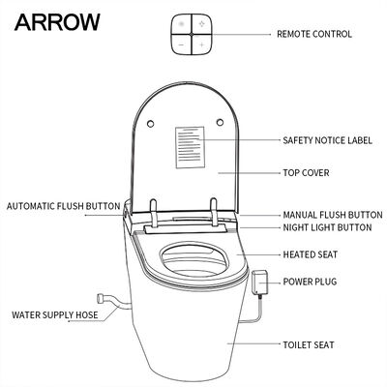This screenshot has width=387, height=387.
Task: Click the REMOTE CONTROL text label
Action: [x=313, y=34]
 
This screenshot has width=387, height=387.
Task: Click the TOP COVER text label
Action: [x=306, y=172]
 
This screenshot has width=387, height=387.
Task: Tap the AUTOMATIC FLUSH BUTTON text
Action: [x=62, y=206]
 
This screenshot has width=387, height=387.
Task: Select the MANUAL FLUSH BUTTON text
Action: [x=332, y=214]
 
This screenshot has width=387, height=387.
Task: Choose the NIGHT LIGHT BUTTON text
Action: [x=327, y=227]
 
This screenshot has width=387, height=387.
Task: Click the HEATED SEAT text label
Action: [x=309, y=254]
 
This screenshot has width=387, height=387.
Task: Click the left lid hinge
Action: [x=155, y=207]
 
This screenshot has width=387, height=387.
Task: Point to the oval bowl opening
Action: [x=193, y=260]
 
